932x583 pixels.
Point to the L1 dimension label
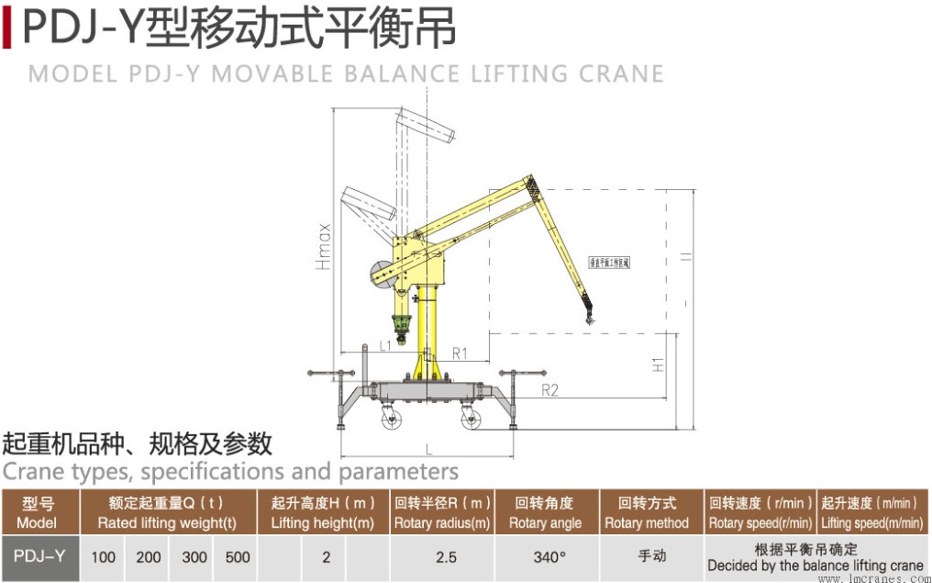(x=385, y=346)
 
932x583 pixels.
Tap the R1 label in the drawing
(x=460, y=352)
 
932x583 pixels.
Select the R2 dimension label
(x=549, y=390)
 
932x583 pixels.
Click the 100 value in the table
(x=103, y=556)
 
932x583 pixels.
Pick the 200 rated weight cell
(x=149, y=556)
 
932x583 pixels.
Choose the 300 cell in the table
(x=194, y=556)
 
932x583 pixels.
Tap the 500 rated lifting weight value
(x=238, y=556)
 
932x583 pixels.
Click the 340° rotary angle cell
(x=549, y=556)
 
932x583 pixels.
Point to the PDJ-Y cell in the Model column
(x=41, y=556)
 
